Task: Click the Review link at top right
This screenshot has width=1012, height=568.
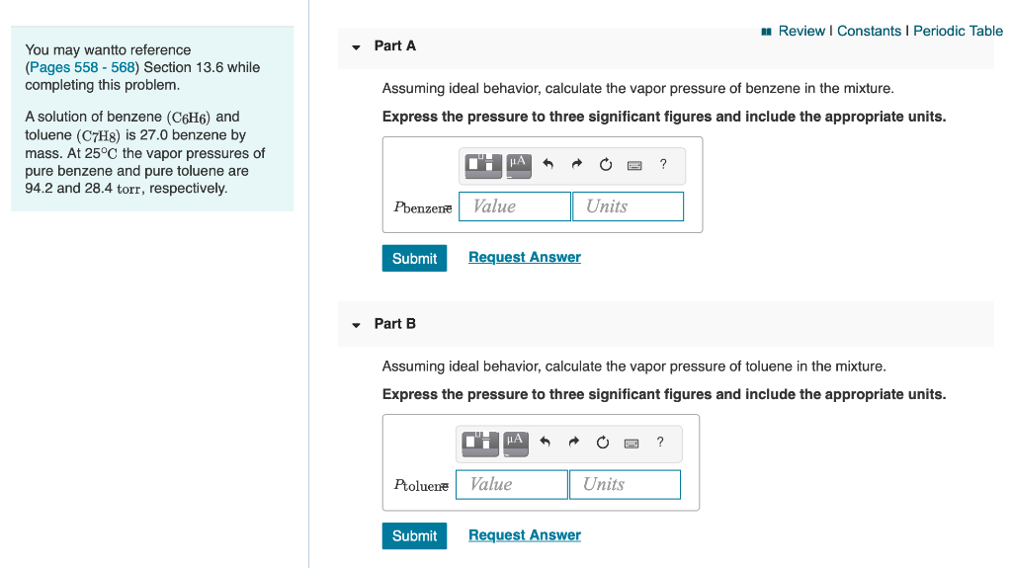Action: pyautogui.click(x=801, y=31)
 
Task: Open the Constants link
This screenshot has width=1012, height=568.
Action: pyautogui.click(x=869, y=31)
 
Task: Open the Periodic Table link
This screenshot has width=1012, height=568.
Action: pyautogui.click(x=958, y=31)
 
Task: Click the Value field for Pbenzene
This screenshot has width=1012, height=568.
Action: pyautogui.click(x=515, y=206)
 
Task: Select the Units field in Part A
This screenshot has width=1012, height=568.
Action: pyautogui.click(x=628, y=206)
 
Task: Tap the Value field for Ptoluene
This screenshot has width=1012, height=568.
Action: pyautogui.click(x=512, y=484)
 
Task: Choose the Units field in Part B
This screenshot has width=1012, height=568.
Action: pyautogui.click(x=625, y=484)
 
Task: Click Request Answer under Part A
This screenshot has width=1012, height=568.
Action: pyautogui.click(x=524, y=257)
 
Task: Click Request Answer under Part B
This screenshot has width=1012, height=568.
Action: pyautogui.click(x=524, y=535)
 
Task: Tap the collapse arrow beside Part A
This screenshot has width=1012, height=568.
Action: pyautogui.click(x=356, y=47)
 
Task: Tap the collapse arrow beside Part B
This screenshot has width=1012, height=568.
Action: pyautogui.click(x=356, y=325)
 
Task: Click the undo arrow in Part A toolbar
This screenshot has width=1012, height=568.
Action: pyautogui.click(x=548, y=165)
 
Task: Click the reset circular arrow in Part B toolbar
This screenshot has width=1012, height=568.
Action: pyautogui.click(x=602, y=443)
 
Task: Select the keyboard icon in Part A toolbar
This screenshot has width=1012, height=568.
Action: pyautogui.click(x=634, y=165)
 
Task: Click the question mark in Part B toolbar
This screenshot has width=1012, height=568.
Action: pyautogui.click(x=660, y=442)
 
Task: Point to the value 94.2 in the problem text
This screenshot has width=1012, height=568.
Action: pyautogui.click(x=39, y=188)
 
